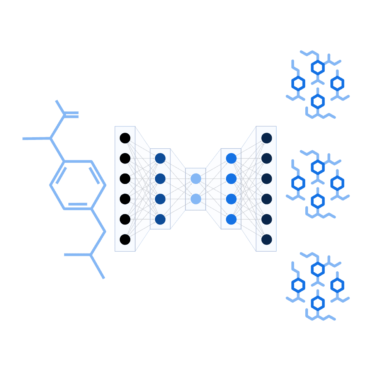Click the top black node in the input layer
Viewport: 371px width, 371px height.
pos(125,138)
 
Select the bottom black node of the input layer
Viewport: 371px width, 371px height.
pos(125,240)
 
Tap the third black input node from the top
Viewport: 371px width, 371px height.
pos(125,179)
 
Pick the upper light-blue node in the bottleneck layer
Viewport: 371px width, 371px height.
pos(196,179)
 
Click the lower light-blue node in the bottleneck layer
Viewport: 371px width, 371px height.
pos(196,199)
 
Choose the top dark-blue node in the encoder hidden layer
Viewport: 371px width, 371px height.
pos(160,158)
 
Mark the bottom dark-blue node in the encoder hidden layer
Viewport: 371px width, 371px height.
pos(160,219)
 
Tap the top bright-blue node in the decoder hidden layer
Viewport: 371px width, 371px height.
pos(231,158)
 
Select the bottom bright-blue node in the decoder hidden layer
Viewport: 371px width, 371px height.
pos(231,219)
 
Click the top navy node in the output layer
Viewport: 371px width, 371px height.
pos(267,138)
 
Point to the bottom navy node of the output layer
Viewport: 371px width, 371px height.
pos(267,240)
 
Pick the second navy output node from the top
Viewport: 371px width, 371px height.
pos(267,158)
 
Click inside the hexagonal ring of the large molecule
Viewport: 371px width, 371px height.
pos(78,185)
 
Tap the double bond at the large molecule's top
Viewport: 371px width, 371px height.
pos(71,114)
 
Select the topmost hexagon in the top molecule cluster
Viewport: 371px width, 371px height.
pos(318,67)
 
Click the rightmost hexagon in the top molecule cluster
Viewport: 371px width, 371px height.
pos(337,83)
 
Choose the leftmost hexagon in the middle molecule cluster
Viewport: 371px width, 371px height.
pos(298,183)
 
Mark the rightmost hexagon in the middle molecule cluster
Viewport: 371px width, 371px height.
pos(337,183)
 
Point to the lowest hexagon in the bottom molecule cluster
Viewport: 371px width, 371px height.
pos(318,303)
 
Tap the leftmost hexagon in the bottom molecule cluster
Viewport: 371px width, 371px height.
pos(298,285)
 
